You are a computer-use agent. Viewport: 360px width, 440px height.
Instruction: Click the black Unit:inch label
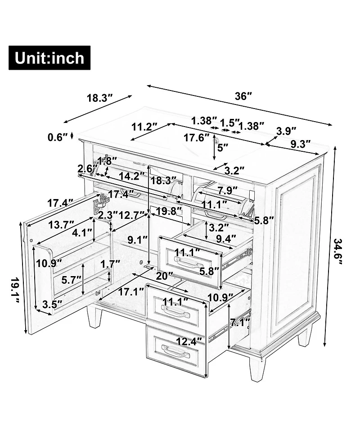click(49, 58)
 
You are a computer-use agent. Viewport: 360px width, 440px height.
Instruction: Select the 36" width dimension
click(243, 96)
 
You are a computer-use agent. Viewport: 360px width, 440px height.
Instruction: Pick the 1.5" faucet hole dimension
click(230, 122)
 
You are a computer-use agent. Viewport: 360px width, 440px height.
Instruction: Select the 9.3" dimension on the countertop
click(301, 144)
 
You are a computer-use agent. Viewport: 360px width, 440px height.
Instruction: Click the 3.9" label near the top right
click(286, 131)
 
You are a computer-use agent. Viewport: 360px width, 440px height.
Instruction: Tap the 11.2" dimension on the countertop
click(144, 127)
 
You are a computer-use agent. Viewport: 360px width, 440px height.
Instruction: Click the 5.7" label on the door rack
click(71, 280)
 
